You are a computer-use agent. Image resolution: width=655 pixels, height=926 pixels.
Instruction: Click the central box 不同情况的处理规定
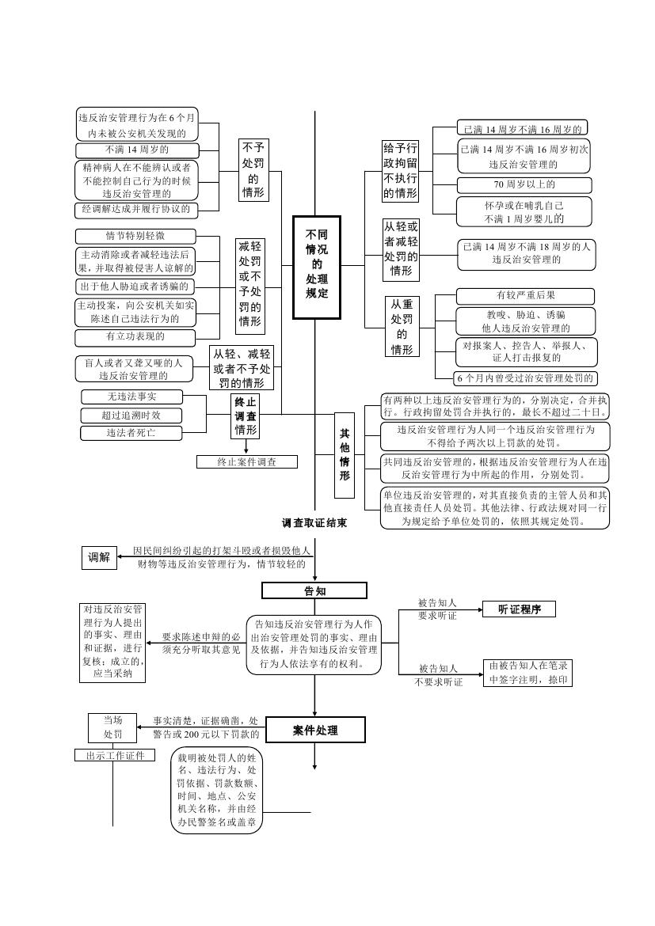point(316,267)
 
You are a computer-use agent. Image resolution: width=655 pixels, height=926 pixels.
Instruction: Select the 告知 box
point(314,590)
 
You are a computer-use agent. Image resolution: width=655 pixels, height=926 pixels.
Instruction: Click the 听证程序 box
point(519,609)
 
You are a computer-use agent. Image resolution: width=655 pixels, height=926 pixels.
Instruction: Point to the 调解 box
point(99,557)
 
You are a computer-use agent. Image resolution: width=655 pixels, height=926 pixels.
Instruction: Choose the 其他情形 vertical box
point(345,455)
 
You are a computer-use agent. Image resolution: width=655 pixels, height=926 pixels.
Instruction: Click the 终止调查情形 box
point(246,416)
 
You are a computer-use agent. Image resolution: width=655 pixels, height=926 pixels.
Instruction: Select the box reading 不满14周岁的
point(136,150)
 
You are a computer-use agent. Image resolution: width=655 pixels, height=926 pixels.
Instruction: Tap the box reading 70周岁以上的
point(524,185)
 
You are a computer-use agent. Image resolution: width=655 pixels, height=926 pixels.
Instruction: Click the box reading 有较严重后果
point(525,296)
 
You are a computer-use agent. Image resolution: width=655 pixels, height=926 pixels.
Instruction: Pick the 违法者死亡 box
point(131,433)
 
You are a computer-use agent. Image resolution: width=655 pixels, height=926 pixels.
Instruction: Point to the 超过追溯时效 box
point(131,415)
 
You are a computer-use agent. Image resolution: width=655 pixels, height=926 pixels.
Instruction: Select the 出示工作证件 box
point(115,755)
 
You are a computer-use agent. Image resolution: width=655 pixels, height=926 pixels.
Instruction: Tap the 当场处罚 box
point(112,727)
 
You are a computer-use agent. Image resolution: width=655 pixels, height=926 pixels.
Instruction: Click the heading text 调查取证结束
point(314,523)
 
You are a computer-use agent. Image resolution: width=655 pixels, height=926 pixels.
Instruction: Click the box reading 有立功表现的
point(135,337)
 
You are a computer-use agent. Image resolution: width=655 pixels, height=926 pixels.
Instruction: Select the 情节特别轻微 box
point(135,236)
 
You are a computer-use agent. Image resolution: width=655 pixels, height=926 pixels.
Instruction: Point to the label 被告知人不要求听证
point(438,674)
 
